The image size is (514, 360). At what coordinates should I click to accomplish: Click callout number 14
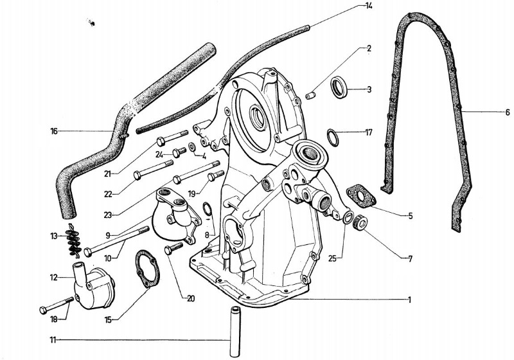(x=368, y=6)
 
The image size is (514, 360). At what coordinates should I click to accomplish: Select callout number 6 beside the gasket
(x=507, y=112)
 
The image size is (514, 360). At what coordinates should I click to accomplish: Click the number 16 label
(x=54, y=131)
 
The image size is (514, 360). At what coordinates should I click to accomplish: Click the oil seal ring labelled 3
(x=339, y=87)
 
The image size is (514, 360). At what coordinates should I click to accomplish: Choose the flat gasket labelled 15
(x=146, y=270)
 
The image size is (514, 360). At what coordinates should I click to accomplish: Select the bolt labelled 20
(x=171, y=250)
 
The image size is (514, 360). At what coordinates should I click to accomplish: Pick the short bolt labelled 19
(x=215, y=175)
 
